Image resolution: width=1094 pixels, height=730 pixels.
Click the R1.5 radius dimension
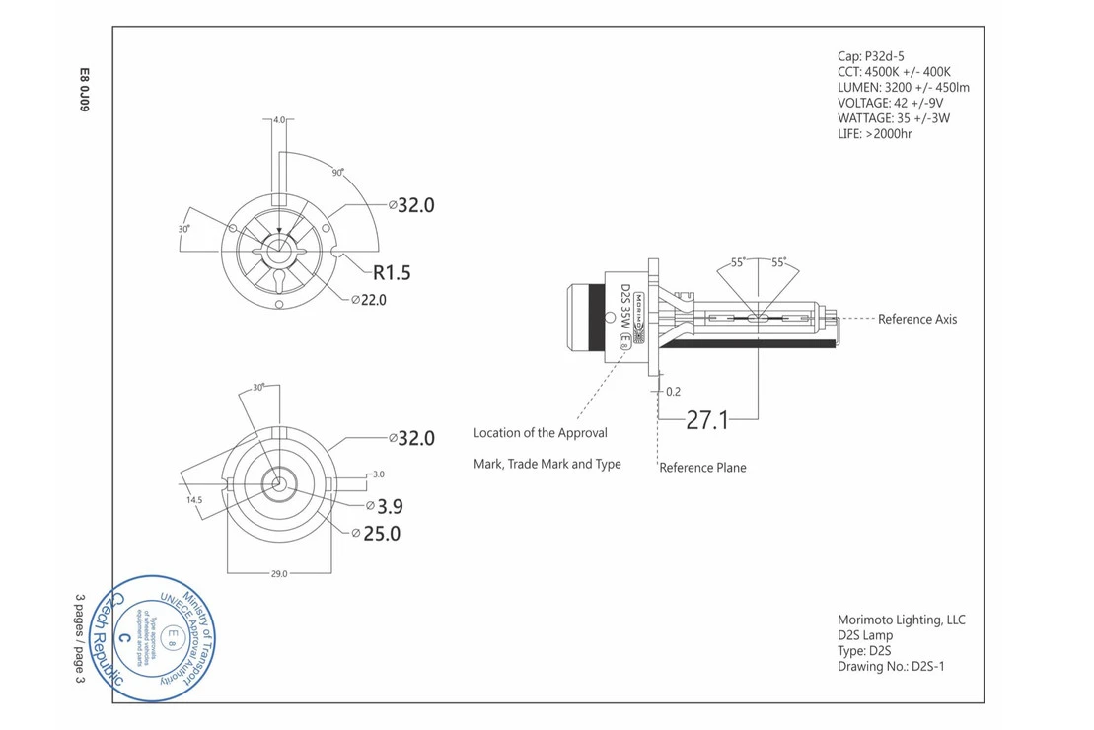tap(391, 272)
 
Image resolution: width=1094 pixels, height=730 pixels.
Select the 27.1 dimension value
tap(707, 420)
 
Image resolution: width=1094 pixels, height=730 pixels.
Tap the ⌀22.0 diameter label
tap(369, 300)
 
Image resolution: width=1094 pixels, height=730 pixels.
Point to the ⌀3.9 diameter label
tap(384, 506)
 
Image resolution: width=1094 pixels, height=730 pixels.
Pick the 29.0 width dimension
tap(278, 573)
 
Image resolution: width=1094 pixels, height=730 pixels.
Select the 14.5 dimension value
tap(194, 500)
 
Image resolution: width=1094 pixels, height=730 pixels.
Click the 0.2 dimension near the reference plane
tap(673, 392)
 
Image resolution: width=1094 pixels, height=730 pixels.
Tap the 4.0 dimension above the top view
tap(279, 120)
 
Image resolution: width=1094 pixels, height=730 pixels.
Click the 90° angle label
tap(337, 173)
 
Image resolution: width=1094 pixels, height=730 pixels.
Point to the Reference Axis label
tap(916, 319)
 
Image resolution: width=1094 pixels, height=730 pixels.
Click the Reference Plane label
tap(702, 467)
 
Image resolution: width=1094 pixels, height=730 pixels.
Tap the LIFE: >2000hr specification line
tap(874, 133)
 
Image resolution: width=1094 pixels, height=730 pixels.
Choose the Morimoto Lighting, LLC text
tap(901, 620)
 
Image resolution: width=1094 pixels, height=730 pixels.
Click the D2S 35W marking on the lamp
tap(624, 311)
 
